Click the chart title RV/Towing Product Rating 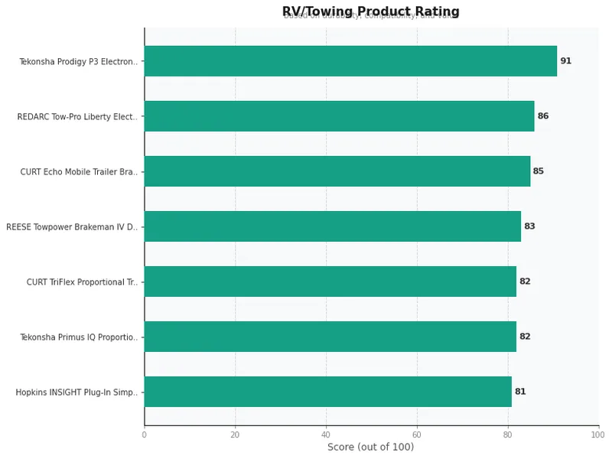370,11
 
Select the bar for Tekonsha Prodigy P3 350,61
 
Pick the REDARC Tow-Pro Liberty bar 339,116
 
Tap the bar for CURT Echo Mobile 337,171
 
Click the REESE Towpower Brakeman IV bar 332,226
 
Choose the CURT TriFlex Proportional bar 330,282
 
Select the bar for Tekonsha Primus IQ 330,337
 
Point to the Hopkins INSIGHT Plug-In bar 327,392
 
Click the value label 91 565,61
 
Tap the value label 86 543,116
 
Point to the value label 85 539,171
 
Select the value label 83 529,226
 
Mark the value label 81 520,392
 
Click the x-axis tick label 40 326,435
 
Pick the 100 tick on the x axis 597,435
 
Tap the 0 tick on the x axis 144,435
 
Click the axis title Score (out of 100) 370,448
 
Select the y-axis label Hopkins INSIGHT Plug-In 76,392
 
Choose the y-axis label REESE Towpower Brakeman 72,227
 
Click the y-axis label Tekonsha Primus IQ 79,337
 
